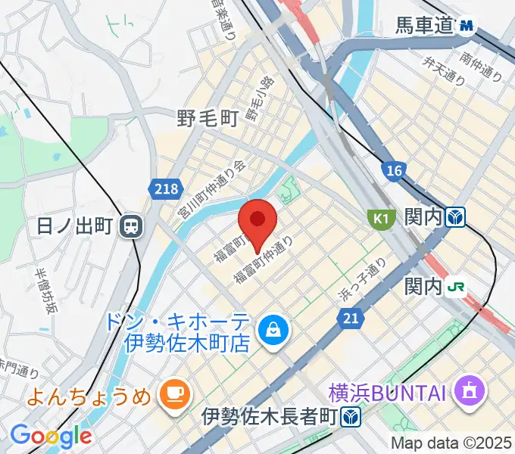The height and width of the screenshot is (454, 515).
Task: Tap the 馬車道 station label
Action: point(425,26)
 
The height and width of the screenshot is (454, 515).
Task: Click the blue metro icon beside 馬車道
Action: point(466,26)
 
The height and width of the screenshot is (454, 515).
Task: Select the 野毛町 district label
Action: point(208,118)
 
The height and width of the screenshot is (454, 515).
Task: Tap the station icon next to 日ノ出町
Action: point(133,225)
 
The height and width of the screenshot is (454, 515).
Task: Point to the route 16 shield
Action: point(392,171)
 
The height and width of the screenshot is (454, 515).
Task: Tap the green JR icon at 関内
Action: point(456,286)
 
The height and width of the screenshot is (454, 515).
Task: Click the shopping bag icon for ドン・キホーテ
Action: point(270,328)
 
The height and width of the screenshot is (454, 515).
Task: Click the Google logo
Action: point(51,436)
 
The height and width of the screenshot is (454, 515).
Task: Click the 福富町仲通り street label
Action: point(263,261)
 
